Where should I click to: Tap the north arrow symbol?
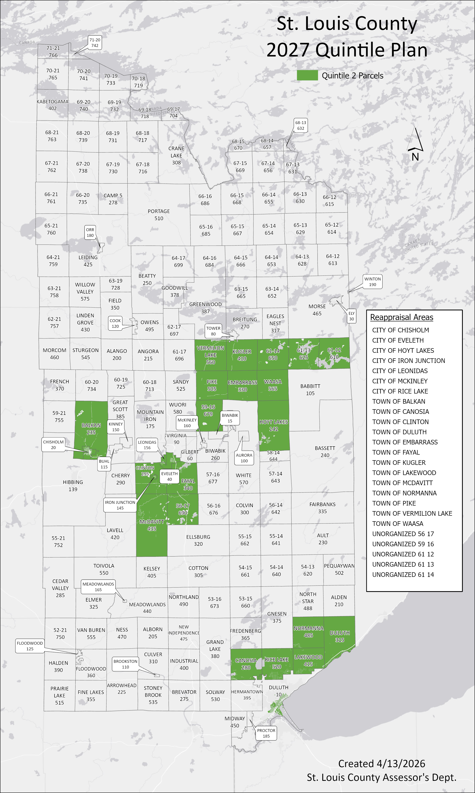point(415,141)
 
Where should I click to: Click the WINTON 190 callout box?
point(372,282)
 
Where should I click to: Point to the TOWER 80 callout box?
point(213,331)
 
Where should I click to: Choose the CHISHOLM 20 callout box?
point(53,445)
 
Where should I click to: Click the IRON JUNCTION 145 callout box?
point(120,505)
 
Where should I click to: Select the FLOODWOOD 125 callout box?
point(30,646)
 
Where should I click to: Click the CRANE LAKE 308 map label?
point(176,156)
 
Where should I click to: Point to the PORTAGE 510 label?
point(159,215)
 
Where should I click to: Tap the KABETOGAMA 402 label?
point(52,105)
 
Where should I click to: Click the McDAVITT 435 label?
point(152,525)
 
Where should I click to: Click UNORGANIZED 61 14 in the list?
point(403,574)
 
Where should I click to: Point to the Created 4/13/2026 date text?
point(382,764)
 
